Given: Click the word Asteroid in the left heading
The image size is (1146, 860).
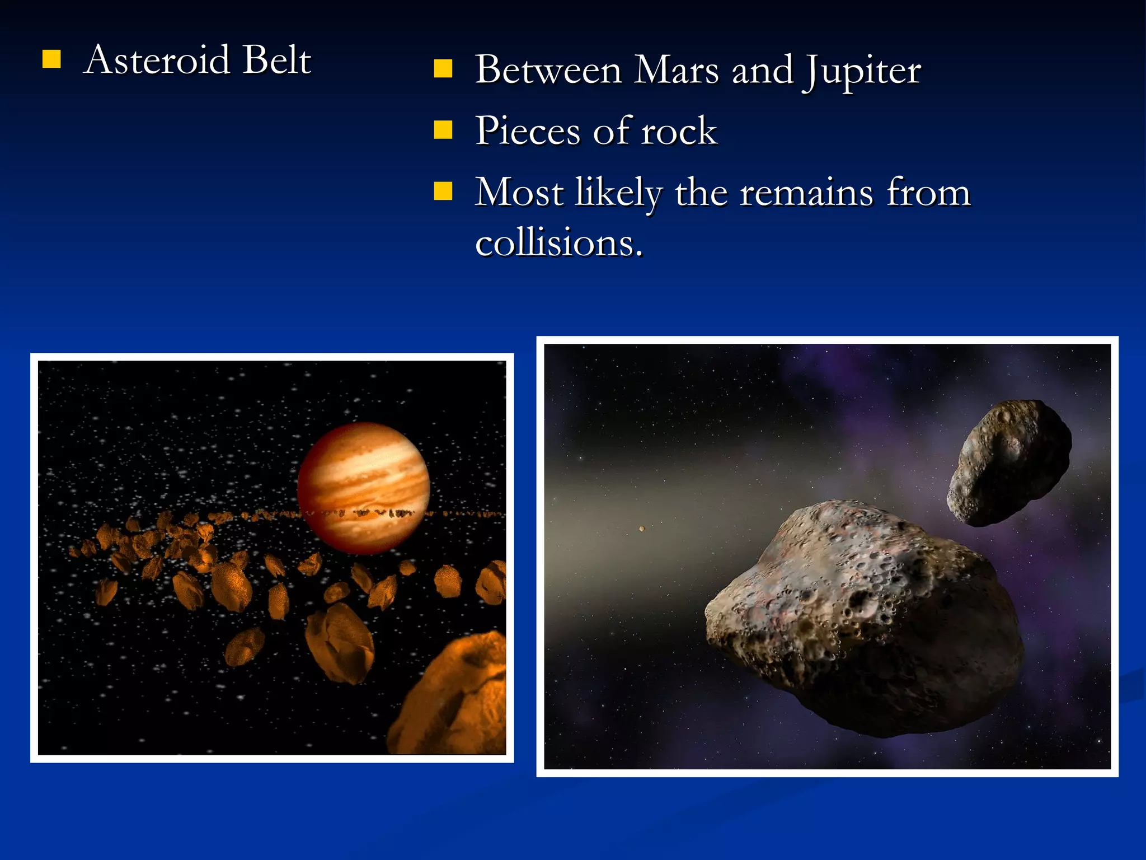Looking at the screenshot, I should pos(157,60).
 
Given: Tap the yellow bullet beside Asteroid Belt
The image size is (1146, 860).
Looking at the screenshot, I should pos(51,59).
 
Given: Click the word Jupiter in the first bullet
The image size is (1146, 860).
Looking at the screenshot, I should pos(862,71).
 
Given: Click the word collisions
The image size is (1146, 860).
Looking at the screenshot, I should pos(558,243).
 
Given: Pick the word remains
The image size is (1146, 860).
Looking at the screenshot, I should pos(806,193).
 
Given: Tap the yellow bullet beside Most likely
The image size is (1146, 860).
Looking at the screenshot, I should pos(443,191).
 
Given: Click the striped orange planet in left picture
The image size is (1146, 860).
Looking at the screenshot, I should pos(364,487).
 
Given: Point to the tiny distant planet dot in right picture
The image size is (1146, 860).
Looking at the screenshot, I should pos(642,529).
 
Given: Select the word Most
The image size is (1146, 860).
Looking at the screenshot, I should pos(519,193).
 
